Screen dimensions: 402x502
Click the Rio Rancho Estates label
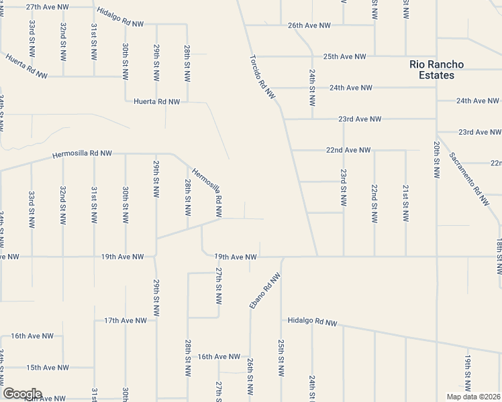click(x=441, y=70)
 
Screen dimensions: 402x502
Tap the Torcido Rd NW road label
click(x=263, y=77)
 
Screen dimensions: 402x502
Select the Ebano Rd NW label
click(x=264, y=290)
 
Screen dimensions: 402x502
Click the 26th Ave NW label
click(x=309, y=25)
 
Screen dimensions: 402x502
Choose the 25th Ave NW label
click(x=345, y=57)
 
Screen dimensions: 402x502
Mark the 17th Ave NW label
click(x=125, y=321)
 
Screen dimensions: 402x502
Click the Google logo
click(x=22, y=394)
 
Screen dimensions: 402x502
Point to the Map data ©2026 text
click(x=473, y=397)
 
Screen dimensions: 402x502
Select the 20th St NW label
click(x=436, y=159)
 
